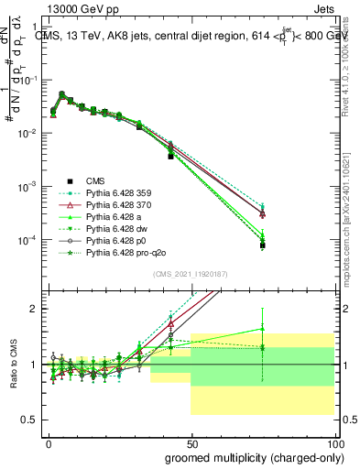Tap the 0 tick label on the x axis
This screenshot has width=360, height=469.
click(49, 442)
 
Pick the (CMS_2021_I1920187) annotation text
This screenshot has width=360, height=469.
click(191, 275)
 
